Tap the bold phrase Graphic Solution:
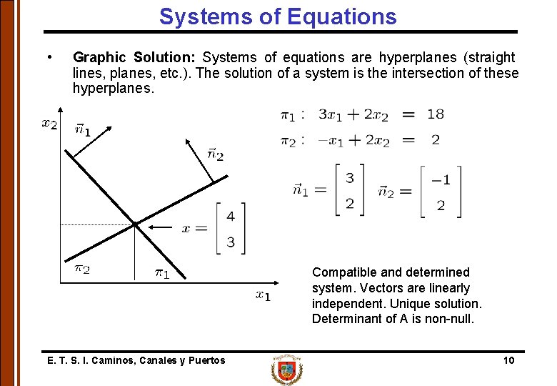[135, 57]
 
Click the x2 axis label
[49, 124]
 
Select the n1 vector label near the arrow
[83, 130]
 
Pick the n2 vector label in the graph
[215, 154]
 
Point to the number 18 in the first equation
[435, 114]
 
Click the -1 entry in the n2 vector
[441, 179]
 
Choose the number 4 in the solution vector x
[230, 216]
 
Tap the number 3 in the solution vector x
[230, 242]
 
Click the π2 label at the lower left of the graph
[83, 269]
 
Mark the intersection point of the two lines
[135, 225]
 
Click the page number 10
[508, 360]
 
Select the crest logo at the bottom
[286, 370]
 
